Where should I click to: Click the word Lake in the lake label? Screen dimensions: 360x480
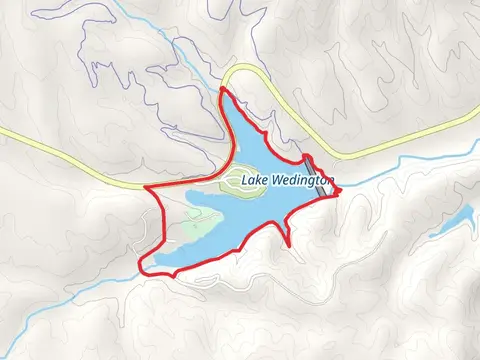tap(254, 181)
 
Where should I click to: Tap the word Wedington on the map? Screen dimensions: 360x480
tap(302, 182)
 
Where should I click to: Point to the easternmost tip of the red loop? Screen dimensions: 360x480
tap(338, 190)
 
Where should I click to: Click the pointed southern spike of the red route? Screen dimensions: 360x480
tap(290, 244)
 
